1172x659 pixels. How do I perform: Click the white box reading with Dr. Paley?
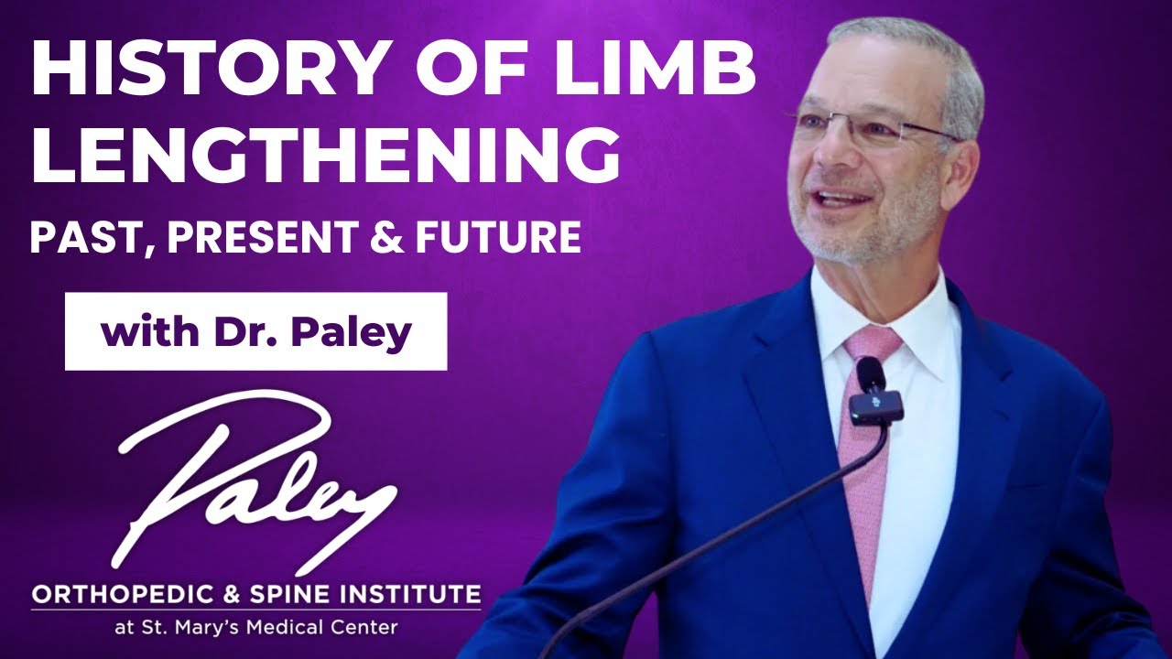coord(255,331)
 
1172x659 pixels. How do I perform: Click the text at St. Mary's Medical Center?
coord(255,628)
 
